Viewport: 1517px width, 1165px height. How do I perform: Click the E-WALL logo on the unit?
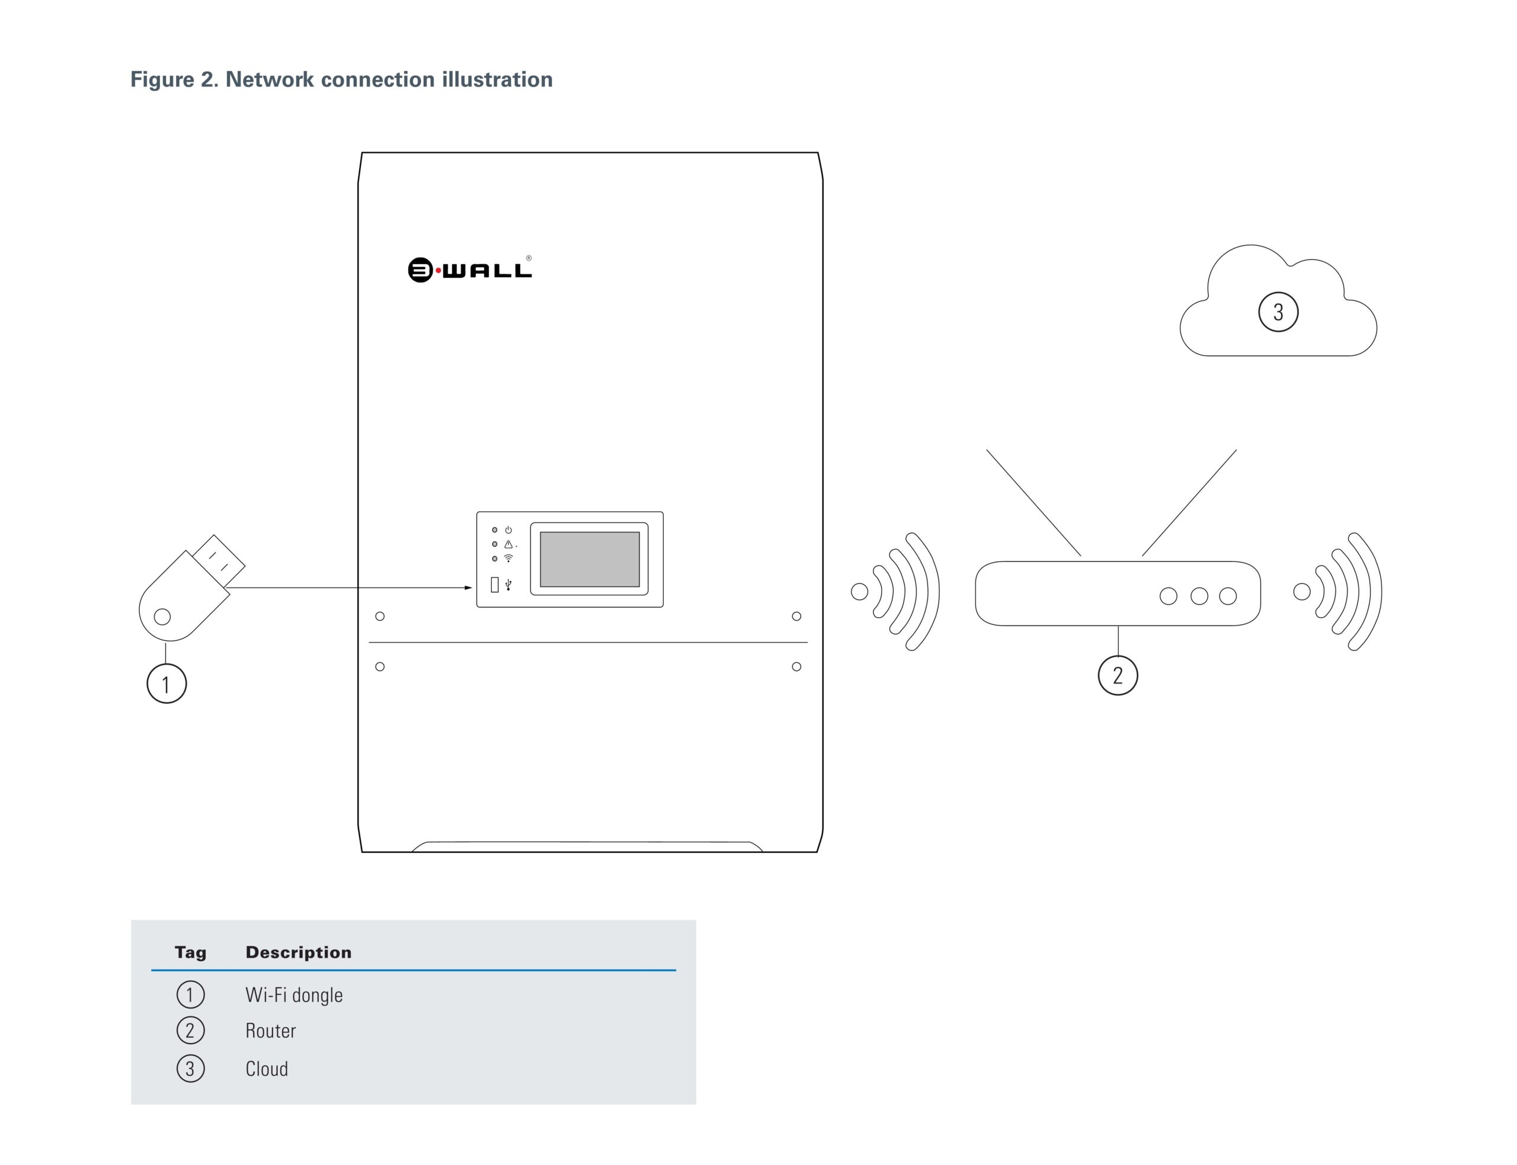click(x=469, y=269)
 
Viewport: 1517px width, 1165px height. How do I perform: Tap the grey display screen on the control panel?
click(x=590, y=559)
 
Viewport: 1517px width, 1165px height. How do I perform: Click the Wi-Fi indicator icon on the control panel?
click(x=508, y=559)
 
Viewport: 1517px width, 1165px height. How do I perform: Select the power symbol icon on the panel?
click(x=508, y=530)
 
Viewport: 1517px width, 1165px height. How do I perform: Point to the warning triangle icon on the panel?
click(x=508, y=544)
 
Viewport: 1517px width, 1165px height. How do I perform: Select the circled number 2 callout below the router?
click(x=1118, y=675)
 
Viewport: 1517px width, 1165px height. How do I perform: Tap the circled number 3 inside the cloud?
click(x=1278, y=312)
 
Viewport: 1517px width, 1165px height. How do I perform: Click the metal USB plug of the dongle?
click(x=219, y=560)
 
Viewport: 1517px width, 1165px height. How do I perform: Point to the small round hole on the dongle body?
click(x=162, y=617)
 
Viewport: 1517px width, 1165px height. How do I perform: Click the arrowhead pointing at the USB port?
click(x=468, y=588)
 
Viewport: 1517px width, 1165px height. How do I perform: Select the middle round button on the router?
click(x=1199, y=596)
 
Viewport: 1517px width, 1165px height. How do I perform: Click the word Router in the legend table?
click(x=271, y=1031)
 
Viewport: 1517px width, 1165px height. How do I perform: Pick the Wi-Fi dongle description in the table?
click(x=294, y=995)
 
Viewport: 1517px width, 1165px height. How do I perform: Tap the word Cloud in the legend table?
click(x=266, y=1068)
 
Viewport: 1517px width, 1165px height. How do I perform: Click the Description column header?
click(x=298, y=952)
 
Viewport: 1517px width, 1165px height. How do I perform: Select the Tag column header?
click(x=190, y=952)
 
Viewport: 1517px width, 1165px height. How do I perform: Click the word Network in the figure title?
click(x=269, y=80)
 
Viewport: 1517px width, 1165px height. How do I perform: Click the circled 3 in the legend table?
click(x=190, y=1068)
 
